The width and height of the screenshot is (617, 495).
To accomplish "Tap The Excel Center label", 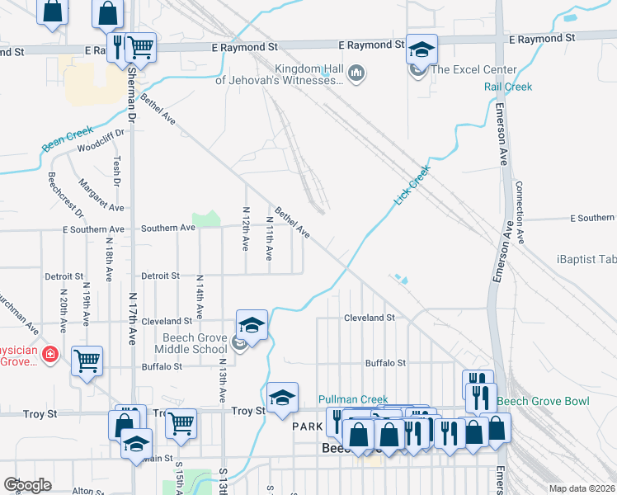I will click(x=473, y=69).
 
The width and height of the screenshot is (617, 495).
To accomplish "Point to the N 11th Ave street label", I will click(x=269, y=239).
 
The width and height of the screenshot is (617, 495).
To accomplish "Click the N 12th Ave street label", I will click(x=245, y=229).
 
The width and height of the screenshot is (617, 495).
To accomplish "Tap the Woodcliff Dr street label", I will click(x=100, y=142).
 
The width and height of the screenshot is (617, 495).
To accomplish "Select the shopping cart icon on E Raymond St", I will click(x=141, y=49).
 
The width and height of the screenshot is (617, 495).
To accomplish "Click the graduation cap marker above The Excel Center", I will click(x=422, y=49).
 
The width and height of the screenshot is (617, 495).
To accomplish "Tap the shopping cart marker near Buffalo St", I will click(x=87, y=360).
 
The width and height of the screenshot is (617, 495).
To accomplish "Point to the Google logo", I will click(x=27, y=485).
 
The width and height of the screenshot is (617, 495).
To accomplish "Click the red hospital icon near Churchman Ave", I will click(x=51, y=353).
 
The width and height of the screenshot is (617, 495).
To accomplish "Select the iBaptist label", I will click(x=586, y=259).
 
